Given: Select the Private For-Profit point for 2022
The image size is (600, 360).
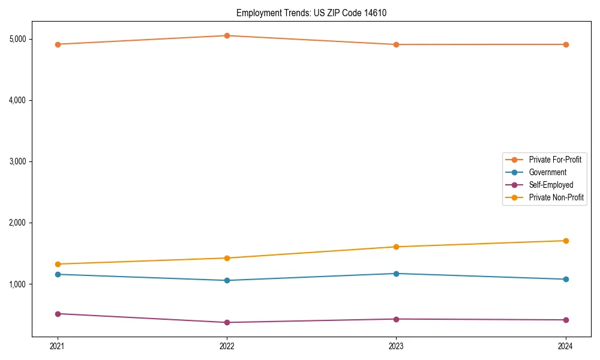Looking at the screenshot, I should coord(227,36).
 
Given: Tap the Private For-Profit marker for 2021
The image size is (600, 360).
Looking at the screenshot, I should coord(58,44).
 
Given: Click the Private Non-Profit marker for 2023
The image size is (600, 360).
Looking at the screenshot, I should coord(396,247).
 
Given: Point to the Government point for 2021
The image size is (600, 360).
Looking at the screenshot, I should coord(58,274).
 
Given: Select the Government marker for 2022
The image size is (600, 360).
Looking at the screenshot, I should coord(227,280).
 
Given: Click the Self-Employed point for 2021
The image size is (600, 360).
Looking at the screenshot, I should coord(58,314).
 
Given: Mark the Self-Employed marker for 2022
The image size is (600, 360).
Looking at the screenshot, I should coord(227,322).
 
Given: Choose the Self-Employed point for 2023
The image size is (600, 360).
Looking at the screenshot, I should coord(396,319).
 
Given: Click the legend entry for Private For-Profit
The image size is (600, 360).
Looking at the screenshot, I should coord(554,160).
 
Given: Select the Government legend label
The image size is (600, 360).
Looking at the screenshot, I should coord(547,172).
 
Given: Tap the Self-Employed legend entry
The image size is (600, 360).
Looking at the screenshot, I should coord(551,185).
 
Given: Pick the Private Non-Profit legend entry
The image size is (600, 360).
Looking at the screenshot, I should coord(556,197).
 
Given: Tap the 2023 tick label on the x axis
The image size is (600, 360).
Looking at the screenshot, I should coord(396,346).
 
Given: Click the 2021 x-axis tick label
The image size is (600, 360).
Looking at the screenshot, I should coord(58,346).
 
